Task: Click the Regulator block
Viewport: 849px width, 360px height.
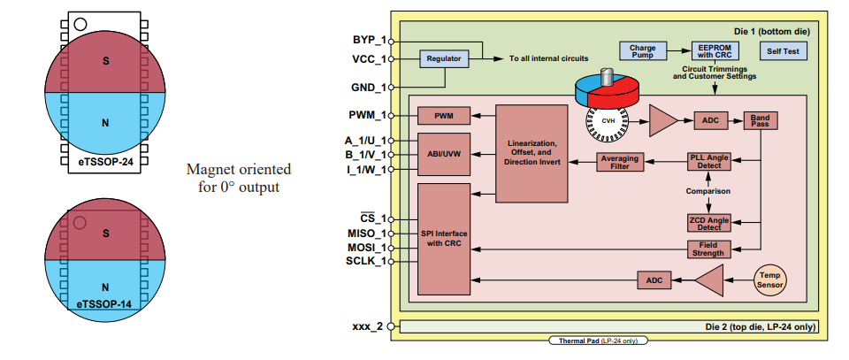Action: pos(444,59)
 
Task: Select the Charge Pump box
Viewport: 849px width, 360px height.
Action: pos(641,50)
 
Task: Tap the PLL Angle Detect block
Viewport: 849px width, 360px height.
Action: pos(710,161)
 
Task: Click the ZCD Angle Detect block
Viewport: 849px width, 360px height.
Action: pos(710,222)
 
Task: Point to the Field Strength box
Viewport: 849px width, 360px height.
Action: pos(710,249)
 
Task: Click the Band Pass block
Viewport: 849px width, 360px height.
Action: pos(761,119)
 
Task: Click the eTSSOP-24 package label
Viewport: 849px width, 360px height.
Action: pos(104,163)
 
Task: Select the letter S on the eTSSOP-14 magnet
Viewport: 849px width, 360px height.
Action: pos(104,234)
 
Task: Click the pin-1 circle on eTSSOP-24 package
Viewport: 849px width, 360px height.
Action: pos(80,24)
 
